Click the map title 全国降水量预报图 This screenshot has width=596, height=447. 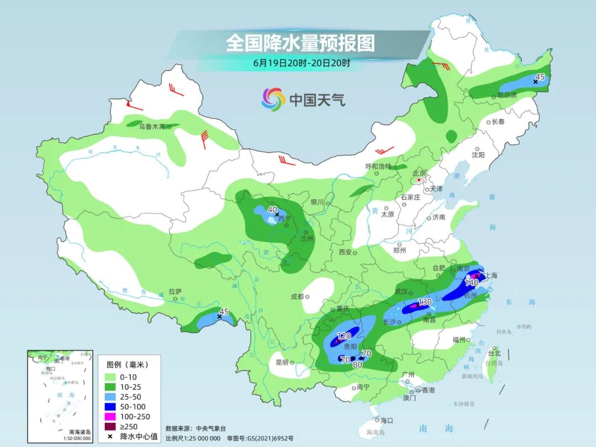300,43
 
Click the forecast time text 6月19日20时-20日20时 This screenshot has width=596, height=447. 301,63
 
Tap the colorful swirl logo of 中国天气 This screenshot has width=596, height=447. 273,99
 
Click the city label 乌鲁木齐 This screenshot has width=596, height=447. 152,126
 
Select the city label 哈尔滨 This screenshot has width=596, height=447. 506,95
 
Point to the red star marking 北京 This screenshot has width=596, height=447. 419,180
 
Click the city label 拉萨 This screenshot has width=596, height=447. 175,291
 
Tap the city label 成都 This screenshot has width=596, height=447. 297,296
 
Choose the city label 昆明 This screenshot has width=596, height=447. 281,363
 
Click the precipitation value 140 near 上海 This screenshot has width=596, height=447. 471,283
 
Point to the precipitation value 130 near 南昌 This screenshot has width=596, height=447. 424,302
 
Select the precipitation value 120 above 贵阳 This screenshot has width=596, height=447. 344,336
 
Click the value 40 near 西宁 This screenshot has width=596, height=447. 272,210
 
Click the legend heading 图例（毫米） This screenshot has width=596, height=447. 127,364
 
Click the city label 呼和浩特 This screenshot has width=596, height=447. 378,166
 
